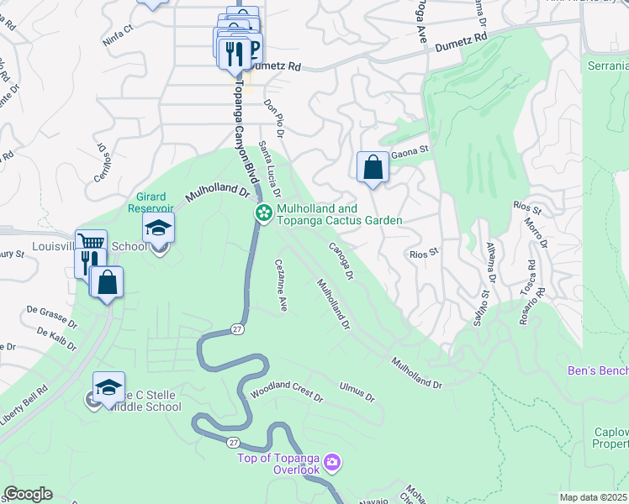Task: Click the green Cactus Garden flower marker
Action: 263,213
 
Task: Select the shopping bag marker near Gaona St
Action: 373,167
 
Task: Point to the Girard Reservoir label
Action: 151,202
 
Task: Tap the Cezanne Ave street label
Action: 281,281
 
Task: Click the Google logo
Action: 28,494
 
